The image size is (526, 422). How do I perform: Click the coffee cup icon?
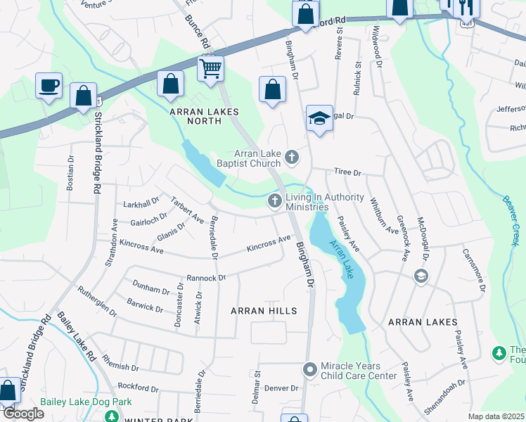[49, 86]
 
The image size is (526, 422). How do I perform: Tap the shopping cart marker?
[210, 69]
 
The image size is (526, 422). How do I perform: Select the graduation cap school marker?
[319, 118]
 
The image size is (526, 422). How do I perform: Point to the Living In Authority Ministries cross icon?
[275, 201]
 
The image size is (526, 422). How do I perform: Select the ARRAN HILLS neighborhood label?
[264, 310]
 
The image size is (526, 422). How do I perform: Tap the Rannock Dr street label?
[205, 278]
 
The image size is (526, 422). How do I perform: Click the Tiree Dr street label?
[347, 172]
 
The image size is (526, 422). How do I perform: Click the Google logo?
[23, 414]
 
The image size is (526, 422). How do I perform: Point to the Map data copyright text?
[496, 416]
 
